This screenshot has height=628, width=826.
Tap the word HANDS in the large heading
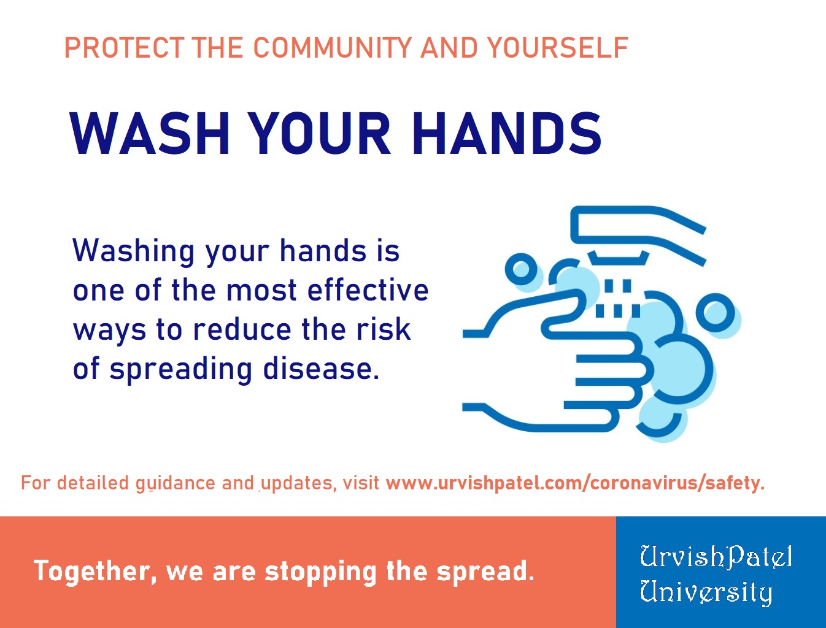click(x=507, y=133)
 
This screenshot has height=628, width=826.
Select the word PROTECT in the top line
click(x=125, y=48)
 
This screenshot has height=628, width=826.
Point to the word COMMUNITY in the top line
click(x=333, y=48)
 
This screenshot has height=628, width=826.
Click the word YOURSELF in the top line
click(x=557, y=48)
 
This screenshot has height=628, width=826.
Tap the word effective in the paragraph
click(x=368, y=289)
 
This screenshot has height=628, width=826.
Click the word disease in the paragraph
click(x=321, y=369)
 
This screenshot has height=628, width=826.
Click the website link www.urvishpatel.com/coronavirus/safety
click(x=575, y=483)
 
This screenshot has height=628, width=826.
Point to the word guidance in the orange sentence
click(x=176, y=484)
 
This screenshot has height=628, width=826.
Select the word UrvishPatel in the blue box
click(x=716, y=557)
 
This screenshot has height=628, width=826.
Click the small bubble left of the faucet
click(x=520, y=269)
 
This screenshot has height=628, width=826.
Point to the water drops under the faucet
click(x=617, y=298)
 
